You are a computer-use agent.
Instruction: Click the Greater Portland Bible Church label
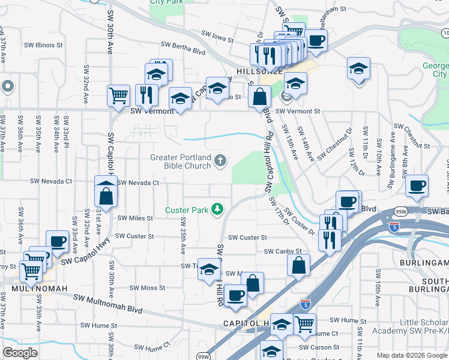[179, 161]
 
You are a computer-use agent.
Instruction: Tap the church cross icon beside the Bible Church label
[221, 160]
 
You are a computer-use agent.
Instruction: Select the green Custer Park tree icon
[217, 209]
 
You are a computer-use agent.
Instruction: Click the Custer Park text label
[187, 210]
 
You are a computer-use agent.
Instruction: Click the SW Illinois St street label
[43, 45]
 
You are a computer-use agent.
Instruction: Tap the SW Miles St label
[135, 218]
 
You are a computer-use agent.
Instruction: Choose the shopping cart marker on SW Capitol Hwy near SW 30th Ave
[118, 95]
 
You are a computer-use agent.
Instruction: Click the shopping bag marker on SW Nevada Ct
[106, 195]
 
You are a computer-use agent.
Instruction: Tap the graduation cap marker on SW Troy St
[208, 268]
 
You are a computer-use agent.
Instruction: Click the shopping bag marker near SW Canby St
[298, 265]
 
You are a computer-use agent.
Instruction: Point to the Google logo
[20, 353]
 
